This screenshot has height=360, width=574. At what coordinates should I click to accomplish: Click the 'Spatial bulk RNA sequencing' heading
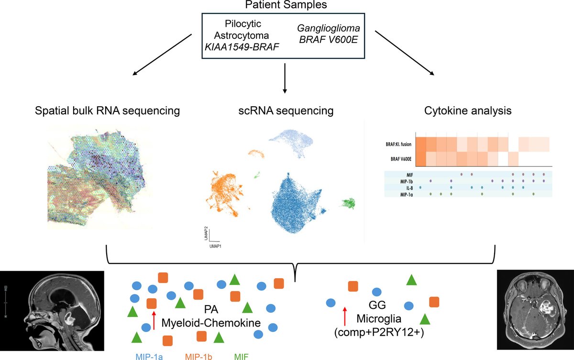(x=108, y=111)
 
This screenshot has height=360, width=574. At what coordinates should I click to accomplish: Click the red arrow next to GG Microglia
(x=345, y=317)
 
